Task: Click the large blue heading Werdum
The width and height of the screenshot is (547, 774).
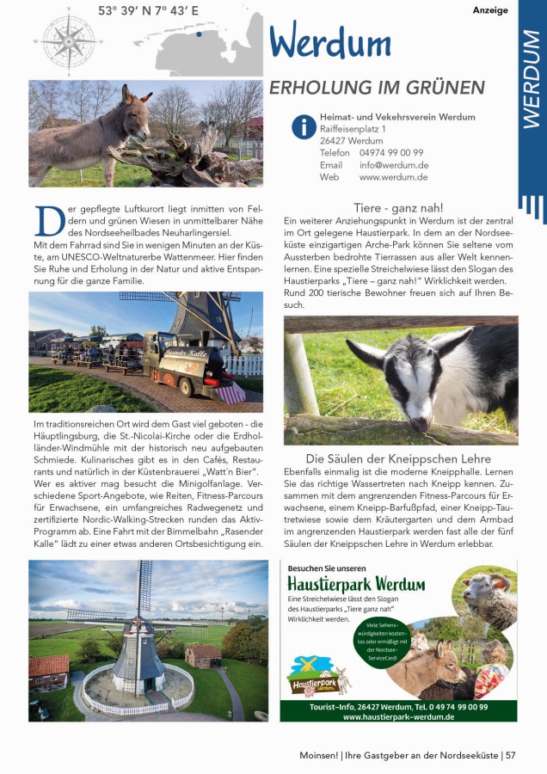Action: tap(330, 41)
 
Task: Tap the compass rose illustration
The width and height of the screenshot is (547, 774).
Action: tap(68, 40)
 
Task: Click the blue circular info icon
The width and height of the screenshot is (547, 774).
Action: tap(303, 127)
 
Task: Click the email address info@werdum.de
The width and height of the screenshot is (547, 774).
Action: tap(394, 165)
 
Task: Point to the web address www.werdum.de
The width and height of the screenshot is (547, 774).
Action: tap(393, 177)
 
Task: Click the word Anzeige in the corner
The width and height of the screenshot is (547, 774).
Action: tap(490, 10)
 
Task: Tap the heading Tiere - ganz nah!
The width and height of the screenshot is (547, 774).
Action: tap(399, 208)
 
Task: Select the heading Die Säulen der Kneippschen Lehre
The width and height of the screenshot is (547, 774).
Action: tap(399, 458)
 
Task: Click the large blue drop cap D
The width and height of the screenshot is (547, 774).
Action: tap(48, 222)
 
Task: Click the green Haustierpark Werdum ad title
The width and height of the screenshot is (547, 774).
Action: tap(356, 585)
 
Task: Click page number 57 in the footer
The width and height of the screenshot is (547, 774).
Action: tap(511, 755)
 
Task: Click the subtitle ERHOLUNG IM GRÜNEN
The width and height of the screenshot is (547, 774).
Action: tap(377, 88)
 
